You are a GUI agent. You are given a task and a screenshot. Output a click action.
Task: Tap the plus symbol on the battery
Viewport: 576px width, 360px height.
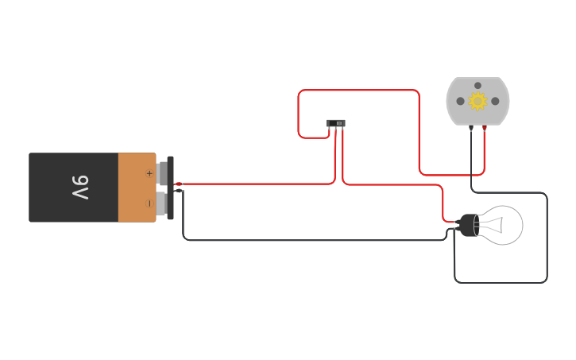click(x=149, y=172)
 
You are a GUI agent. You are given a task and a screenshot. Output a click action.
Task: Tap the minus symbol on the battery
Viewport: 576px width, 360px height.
click(x=149, y=203)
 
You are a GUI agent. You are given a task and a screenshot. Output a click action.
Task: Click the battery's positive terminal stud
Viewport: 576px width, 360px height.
click(x=164, y=172)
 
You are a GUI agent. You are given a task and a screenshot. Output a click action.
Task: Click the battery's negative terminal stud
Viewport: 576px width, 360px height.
click(x=163, y=203)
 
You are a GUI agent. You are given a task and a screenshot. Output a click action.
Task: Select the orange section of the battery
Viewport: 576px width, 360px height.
click(x=137, y=188)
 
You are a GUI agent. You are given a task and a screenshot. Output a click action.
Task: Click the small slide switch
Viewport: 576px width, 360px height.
click(x=336, y=123)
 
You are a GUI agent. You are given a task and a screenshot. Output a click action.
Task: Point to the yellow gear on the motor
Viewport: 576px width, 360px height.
click(x=477, y=101)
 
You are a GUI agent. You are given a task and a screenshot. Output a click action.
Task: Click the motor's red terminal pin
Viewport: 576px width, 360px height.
click(x=484, y=127)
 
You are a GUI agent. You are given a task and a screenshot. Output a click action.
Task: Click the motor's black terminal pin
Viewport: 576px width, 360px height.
click(x=471, y=127)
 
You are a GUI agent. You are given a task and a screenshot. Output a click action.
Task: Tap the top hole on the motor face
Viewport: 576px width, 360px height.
click(x=477, y=85)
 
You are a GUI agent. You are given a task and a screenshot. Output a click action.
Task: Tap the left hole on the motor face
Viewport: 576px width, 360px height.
click(x=460, y=101)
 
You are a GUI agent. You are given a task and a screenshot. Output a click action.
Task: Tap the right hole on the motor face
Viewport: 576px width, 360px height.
click(x=495, y=101)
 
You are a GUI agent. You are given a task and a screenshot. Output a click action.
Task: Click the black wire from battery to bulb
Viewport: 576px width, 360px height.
click(x=318, y=239)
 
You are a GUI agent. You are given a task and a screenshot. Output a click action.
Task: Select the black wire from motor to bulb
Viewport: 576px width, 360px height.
click(x=547, y=238)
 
